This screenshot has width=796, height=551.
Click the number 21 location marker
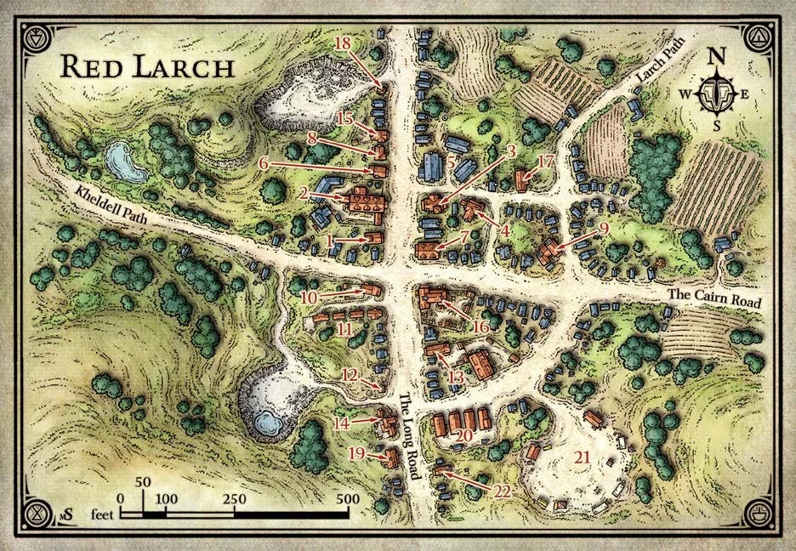coord(583,457)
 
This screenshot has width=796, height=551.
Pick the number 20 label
coord(463,435)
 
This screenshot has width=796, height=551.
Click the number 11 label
coord(344,328)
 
